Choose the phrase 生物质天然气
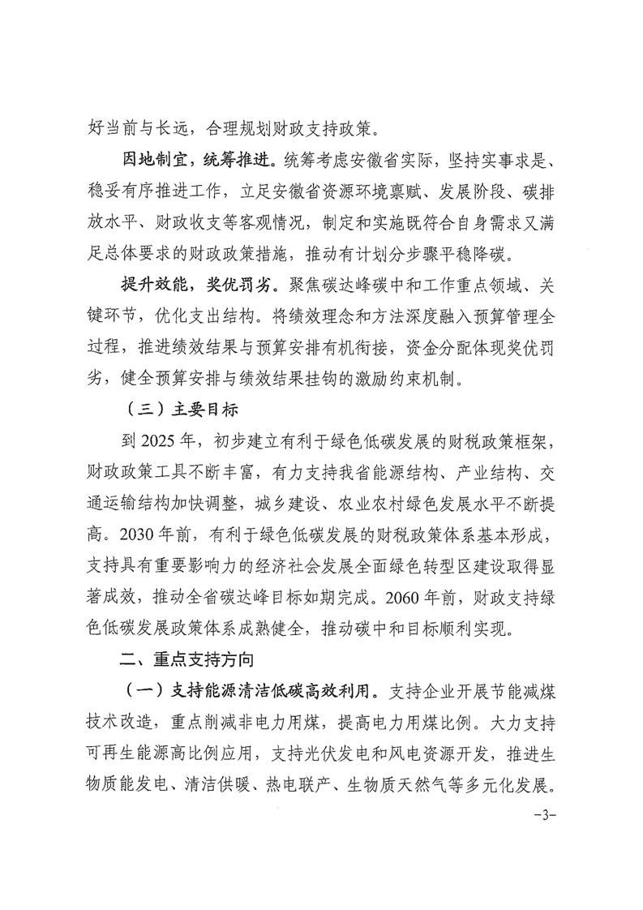[393, 784]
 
